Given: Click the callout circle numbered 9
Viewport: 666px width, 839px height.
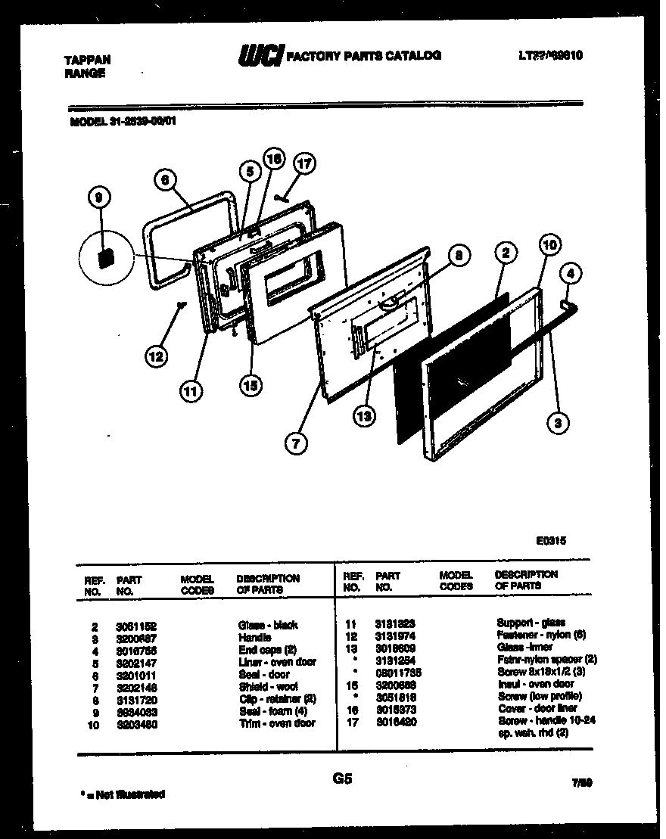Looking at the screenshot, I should point(98,199).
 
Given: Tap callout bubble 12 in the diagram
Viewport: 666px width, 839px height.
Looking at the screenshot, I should point(157,356).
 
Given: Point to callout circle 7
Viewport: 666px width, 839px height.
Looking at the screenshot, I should point(296,443).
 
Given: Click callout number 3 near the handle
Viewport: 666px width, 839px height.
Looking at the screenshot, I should point(558,424).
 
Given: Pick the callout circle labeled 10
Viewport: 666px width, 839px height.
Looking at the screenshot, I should point(550,244).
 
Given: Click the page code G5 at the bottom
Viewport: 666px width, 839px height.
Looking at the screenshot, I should point(342,778).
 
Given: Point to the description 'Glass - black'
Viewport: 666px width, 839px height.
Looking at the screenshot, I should point(268,625).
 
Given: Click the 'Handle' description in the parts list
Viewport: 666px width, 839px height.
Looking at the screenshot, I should point(254,637).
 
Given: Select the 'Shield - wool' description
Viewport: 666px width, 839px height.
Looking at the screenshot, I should point(268,686).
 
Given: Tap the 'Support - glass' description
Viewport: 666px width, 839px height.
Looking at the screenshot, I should point(531,622).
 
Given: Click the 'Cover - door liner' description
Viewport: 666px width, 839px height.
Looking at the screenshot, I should point(537,708).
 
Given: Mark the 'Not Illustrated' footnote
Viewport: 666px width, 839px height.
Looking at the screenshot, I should point(123,794).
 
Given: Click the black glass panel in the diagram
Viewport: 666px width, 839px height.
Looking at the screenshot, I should point(447,363).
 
